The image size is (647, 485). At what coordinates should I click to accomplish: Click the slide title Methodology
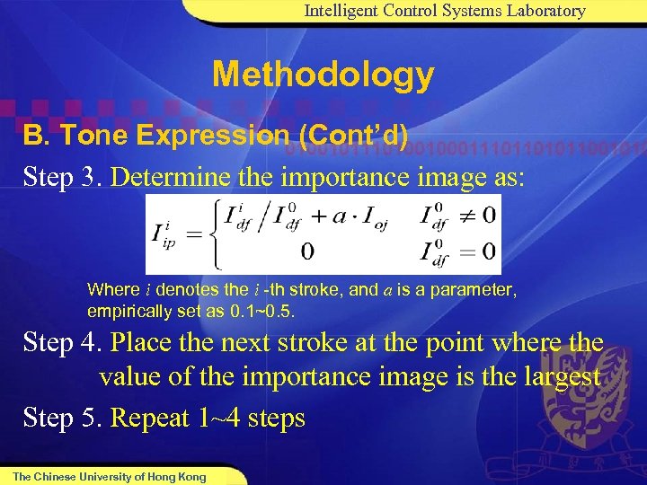click(323, 75)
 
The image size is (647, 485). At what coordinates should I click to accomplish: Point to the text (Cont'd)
click(350, 136)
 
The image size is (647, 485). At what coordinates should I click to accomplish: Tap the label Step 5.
click(62, 418)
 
